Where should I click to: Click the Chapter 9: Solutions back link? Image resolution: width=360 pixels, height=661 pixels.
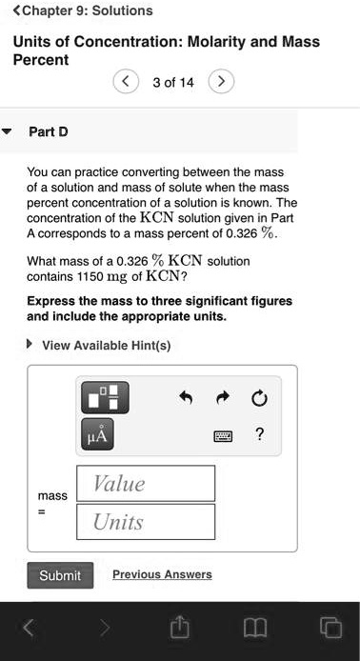pos(81,11)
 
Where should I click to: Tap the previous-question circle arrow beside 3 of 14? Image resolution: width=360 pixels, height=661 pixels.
pos(125,82)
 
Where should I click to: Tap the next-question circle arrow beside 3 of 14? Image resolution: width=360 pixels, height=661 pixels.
pos(220,82)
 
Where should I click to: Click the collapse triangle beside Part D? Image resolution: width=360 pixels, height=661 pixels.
pos(9,131)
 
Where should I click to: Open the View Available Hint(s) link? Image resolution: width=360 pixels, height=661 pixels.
pos(107,346)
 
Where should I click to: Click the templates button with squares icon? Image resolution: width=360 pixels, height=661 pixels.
pos(103,395)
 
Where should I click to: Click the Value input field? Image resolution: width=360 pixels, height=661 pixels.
pos(146,484)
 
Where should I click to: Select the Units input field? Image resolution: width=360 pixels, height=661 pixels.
pos(146,522)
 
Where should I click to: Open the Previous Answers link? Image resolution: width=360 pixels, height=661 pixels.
pos(162,574)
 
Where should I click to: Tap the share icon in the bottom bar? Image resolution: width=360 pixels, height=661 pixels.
pos(179,627)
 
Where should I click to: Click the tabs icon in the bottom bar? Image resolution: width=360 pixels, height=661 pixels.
pos(330,627)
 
